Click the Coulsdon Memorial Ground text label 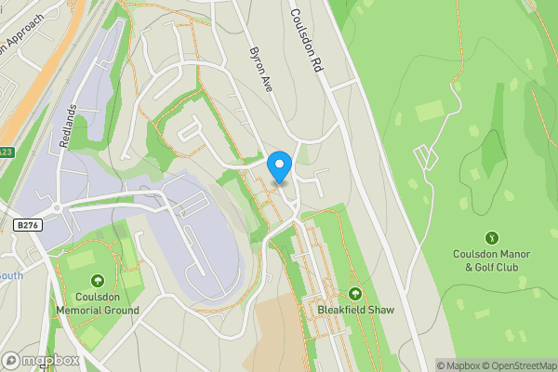click(97, 303)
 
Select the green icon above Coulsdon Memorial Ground click(97, 281)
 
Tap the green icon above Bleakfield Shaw click(353, 294)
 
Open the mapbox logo click(41, 360)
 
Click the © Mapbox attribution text click(457, 365)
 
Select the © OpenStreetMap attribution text click(519, 365)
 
